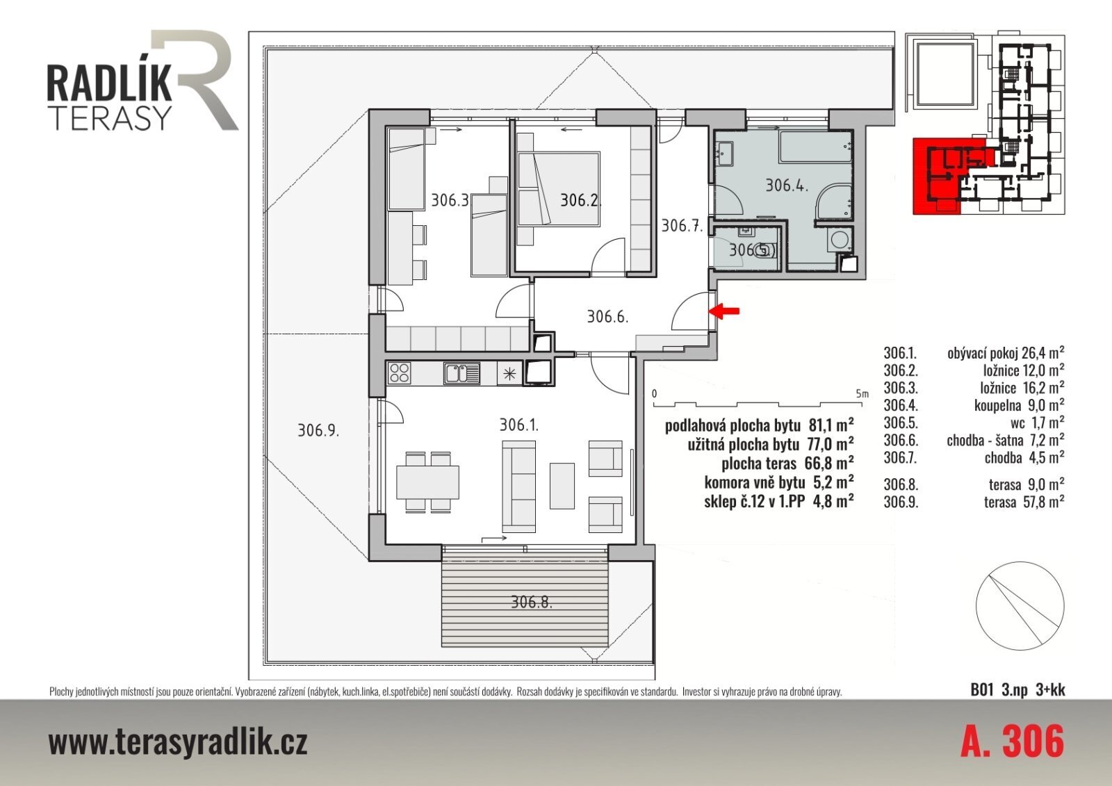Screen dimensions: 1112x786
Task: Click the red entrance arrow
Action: (x=724, y=311)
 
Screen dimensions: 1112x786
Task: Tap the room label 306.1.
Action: (x=518, y=425)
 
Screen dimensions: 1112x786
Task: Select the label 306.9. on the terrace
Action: (x=318, y=430)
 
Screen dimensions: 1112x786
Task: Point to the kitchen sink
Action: (x=462, y=373)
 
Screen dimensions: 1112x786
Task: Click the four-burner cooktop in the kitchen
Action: (x=400, y=373)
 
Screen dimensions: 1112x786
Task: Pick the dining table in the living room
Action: (x=427, y=482)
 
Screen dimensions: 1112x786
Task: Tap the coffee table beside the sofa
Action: (x=562, y=486)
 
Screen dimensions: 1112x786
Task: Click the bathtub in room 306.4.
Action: (x=815, y=146)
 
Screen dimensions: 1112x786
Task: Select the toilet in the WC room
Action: (x=765, y=252)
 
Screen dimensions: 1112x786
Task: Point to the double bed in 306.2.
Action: (x=558, y=189)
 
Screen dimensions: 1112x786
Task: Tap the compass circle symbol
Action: (x=1020, y=606)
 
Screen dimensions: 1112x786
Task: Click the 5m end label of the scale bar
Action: (x=862, y=394)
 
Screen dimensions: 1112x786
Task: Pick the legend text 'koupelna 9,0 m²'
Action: (x=1019, y=405)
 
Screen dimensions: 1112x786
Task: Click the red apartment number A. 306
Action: (x=1013, y=742)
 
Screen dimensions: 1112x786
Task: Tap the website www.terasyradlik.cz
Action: (x=178, y=742)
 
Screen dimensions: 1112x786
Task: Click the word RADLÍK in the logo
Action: (x=109, y=84)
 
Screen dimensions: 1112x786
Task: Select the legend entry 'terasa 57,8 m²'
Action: (x=1024, y=502)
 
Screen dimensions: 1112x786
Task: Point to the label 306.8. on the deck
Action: (x=532, y=603)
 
